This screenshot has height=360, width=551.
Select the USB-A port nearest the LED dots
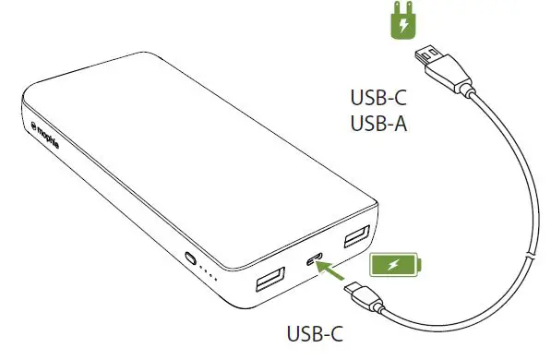(x=270, y=277)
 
